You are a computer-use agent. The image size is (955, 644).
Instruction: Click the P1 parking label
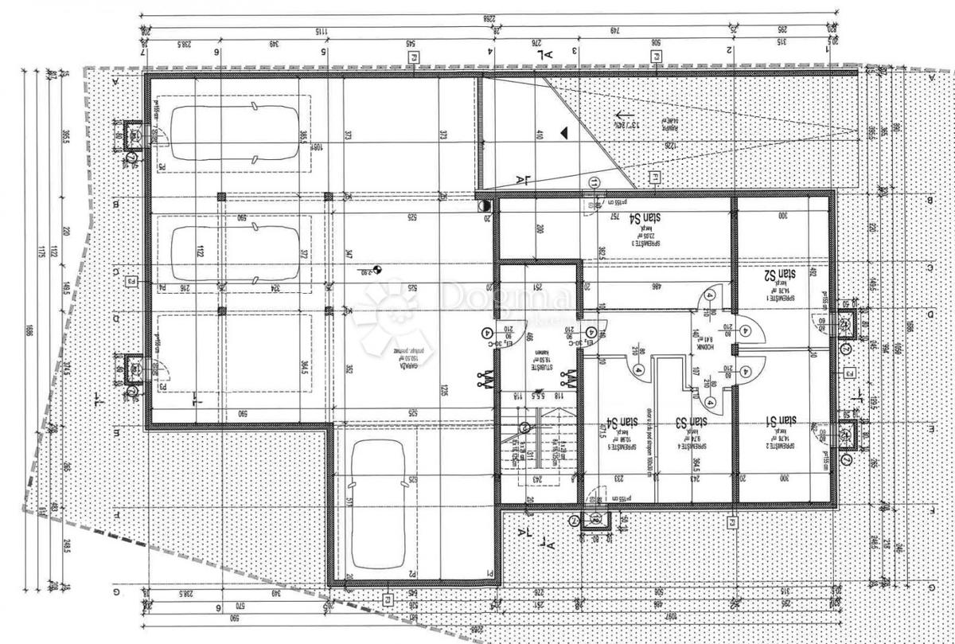click(491, 573)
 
